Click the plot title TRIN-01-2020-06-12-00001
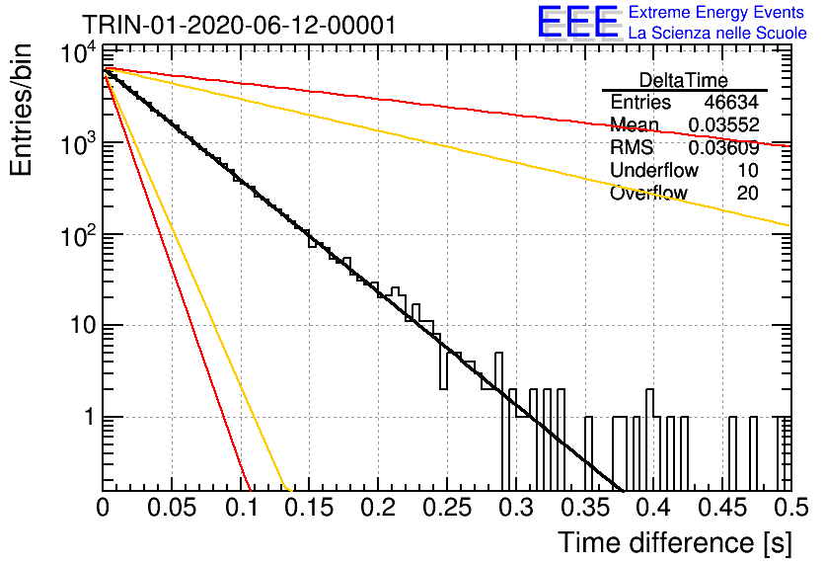point(239,25)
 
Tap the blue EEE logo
point(577,22)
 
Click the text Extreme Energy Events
point(716,12)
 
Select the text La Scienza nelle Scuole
point(717,33)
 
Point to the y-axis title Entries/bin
point(21,111)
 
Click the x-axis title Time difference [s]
point(675,543)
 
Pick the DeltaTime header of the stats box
point(684,80)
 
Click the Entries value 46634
point(731,102)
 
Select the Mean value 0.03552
point(723,124)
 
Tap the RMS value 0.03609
point(723,148)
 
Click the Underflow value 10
point(748,170)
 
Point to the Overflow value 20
point(748,194)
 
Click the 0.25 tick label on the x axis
point(447,508)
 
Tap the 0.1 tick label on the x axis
point(242,508)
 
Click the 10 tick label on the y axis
point(84,325)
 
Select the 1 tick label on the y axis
point(90,417)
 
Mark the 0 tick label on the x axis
point(103,508)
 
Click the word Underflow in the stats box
point(654,170)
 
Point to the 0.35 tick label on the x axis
point(585,508)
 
